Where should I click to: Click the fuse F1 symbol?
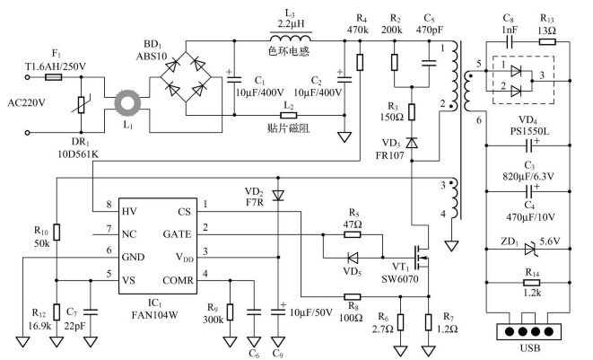55,77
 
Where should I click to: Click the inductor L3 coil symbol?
288,40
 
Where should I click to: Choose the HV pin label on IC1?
133,208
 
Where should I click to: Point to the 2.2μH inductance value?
287,22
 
